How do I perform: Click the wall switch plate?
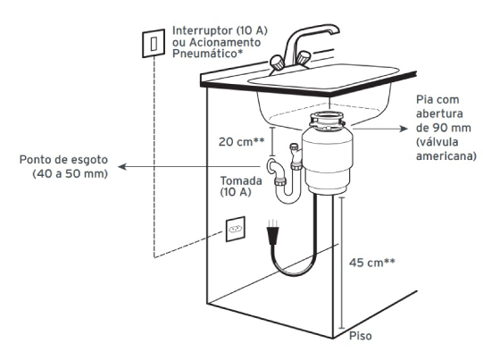[x=154, y=43]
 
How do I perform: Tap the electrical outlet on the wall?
[x=236, y=229]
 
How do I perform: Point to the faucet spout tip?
[x=336, y=31]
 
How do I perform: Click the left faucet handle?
[x=277, y=63]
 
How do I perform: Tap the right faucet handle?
[x=304, y=58]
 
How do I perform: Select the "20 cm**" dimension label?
[x=241, y=142]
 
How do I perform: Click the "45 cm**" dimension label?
[x=371, y=263]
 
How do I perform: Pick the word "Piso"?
[x=360, y=336]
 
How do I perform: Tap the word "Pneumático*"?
[x=207, y=54]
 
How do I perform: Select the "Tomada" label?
[x=241, y=180]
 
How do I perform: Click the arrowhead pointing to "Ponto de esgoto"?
[x=122, y=167]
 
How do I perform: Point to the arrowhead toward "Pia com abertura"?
[x=404, y=129]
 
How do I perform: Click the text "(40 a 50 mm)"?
[x=71, y=174]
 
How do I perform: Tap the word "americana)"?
[x=446, y=156]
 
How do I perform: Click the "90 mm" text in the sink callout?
[x=452, y=128]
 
